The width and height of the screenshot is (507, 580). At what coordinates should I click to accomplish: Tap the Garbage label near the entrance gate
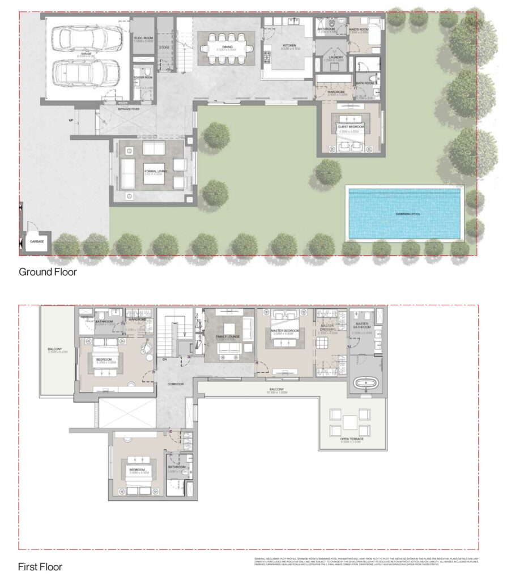tap(36, 241)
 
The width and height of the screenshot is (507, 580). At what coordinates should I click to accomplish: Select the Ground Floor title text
tap(48, 272)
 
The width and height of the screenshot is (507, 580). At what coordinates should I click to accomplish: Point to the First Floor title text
tap(40, 566)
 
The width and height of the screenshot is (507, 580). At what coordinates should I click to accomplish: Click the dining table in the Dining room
tap(226, 44)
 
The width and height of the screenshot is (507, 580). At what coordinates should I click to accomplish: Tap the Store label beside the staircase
tap(164, 48)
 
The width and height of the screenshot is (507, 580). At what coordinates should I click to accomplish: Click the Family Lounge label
tap(229, 336)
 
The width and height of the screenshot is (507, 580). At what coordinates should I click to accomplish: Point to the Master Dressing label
tap(328, 328)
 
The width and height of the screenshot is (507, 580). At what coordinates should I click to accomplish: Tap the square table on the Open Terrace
tap(350, 423)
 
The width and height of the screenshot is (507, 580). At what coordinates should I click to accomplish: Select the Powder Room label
tap(143, 78)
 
